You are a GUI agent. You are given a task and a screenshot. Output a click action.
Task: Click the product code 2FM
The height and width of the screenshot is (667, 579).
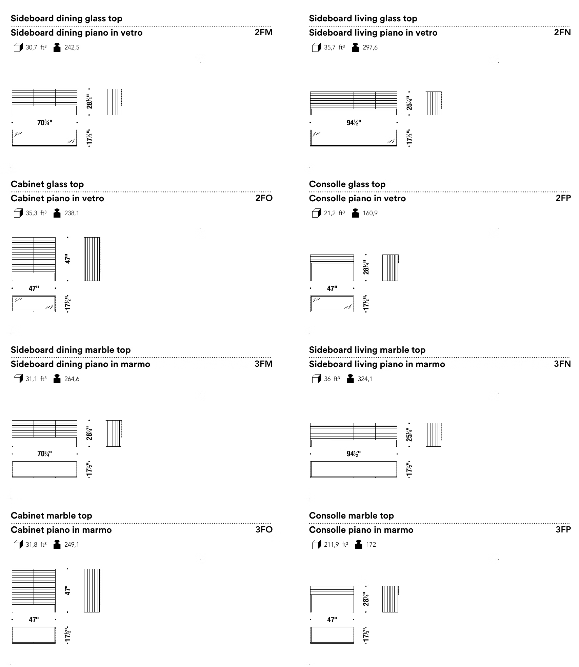click(263, 33)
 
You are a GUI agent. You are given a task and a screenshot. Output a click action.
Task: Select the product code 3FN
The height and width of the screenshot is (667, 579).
click(562, 364)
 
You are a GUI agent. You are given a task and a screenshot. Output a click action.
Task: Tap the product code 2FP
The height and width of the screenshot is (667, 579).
click(563, 198)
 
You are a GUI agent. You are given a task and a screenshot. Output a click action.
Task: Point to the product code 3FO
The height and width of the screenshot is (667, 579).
click(264, 530)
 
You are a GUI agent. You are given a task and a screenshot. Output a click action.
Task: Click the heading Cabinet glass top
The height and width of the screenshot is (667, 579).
click(47, 184)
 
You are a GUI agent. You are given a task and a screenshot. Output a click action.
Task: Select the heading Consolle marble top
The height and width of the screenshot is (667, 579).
click(351, 516)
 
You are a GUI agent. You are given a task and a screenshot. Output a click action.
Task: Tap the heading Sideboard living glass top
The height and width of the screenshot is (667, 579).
click(363, 19)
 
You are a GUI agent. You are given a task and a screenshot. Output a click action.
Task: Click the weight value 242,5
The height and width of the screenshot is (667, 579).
click(72, 47)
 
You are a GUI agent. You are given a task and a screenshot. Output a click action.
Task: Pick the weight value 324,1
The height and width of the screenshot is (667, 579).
click(365, 379)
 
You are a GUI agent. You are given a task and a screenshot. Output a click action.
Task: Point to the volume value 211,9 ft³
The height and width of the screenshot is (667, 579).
click(336, 545)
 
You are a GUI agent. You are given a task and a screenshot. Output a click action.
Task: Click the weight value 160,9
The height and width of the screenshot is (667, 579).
click(370, 213)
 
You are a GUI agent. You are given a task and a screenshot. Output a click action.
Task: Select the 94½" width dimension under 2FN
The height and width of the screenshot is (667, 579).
click(354, 123)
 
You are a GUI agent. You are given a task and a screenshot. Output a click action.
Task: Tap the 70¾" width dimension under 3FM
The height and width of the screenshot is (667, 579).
click(45, 454)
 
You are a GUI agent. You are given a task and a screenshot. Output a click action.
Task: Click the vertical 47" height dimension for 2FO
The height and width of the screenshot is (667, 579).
click(68, 259)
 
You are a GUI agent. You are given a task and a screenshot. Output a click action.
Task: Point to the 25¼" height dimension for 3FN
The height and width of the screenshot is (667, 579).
click(410, 435)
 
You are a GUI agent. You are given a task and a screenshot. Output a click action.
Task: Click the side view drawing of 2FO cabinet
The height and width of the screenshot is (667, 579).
click(92, 259)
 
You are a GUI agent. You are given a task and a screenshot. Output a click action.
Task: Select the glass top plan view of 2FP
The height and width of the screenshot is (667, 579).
click(332, 304)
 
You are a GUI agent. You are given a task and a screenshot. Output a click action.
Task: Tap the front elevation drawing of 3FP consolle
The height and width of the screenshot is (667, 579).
click(332, 599)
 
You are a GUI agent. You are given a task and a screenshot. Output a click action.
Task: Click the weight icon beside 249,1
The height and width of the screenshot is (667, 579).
click(57, 545)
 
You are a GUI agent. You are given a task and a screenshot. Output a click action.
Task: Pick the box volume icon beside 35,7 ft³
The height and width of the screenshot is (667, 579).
click(316, 47)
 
